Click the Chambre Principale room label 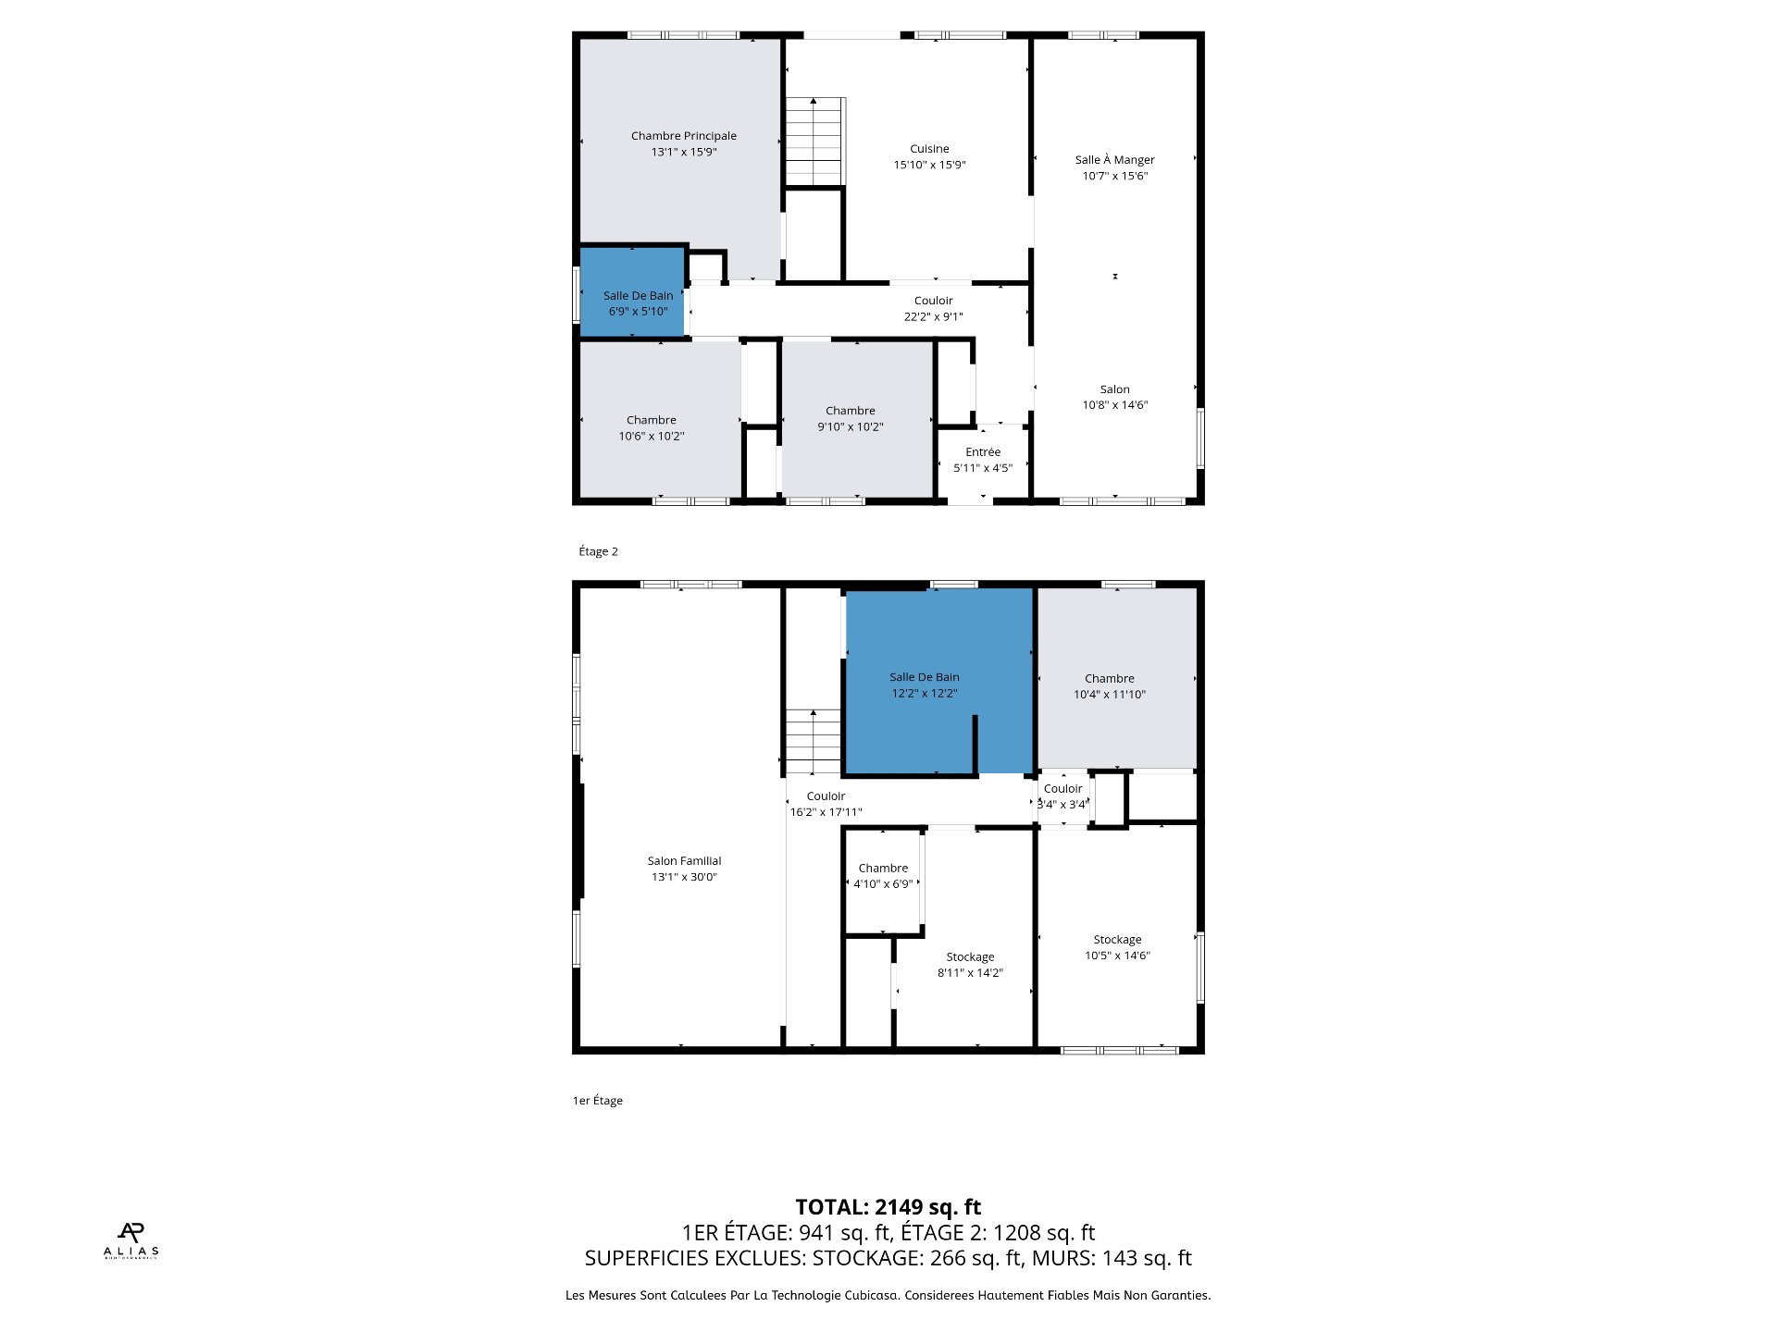(x=684, y=136)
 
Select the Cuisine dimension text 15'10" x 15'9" (x=929, y=165)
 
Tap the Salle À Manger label (x=1114, y=159)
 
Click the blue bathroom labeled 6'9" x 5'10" (x=633, y=292)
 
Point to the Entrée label (x=983, y=451)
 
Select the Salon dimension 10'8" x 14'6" (x=1115, y=405)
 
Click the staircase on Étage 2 (x=815, y=142)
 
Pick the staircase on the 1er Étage (x=814, y=742)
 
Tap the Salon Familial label (x=684, y=861)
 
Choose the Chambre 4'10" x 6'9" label (x=883, y=876)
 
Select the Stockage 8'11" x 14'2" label (x=970, y=965)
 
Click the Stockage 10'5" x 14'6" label (x=1117, y=947)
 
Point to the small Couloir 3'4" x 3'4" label (x=1062, y=796)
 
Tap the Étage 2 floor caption (x=598, y=551)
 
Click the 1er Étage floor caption (x=597, y=1101)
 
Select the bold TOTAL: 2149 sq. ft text (x=888, y=1207)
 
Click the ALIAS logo (x=130, y=1240)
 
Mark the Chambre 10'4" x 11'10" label (x=1110, y=686)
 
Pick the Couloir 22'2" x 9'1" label (x=933, y=309)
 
